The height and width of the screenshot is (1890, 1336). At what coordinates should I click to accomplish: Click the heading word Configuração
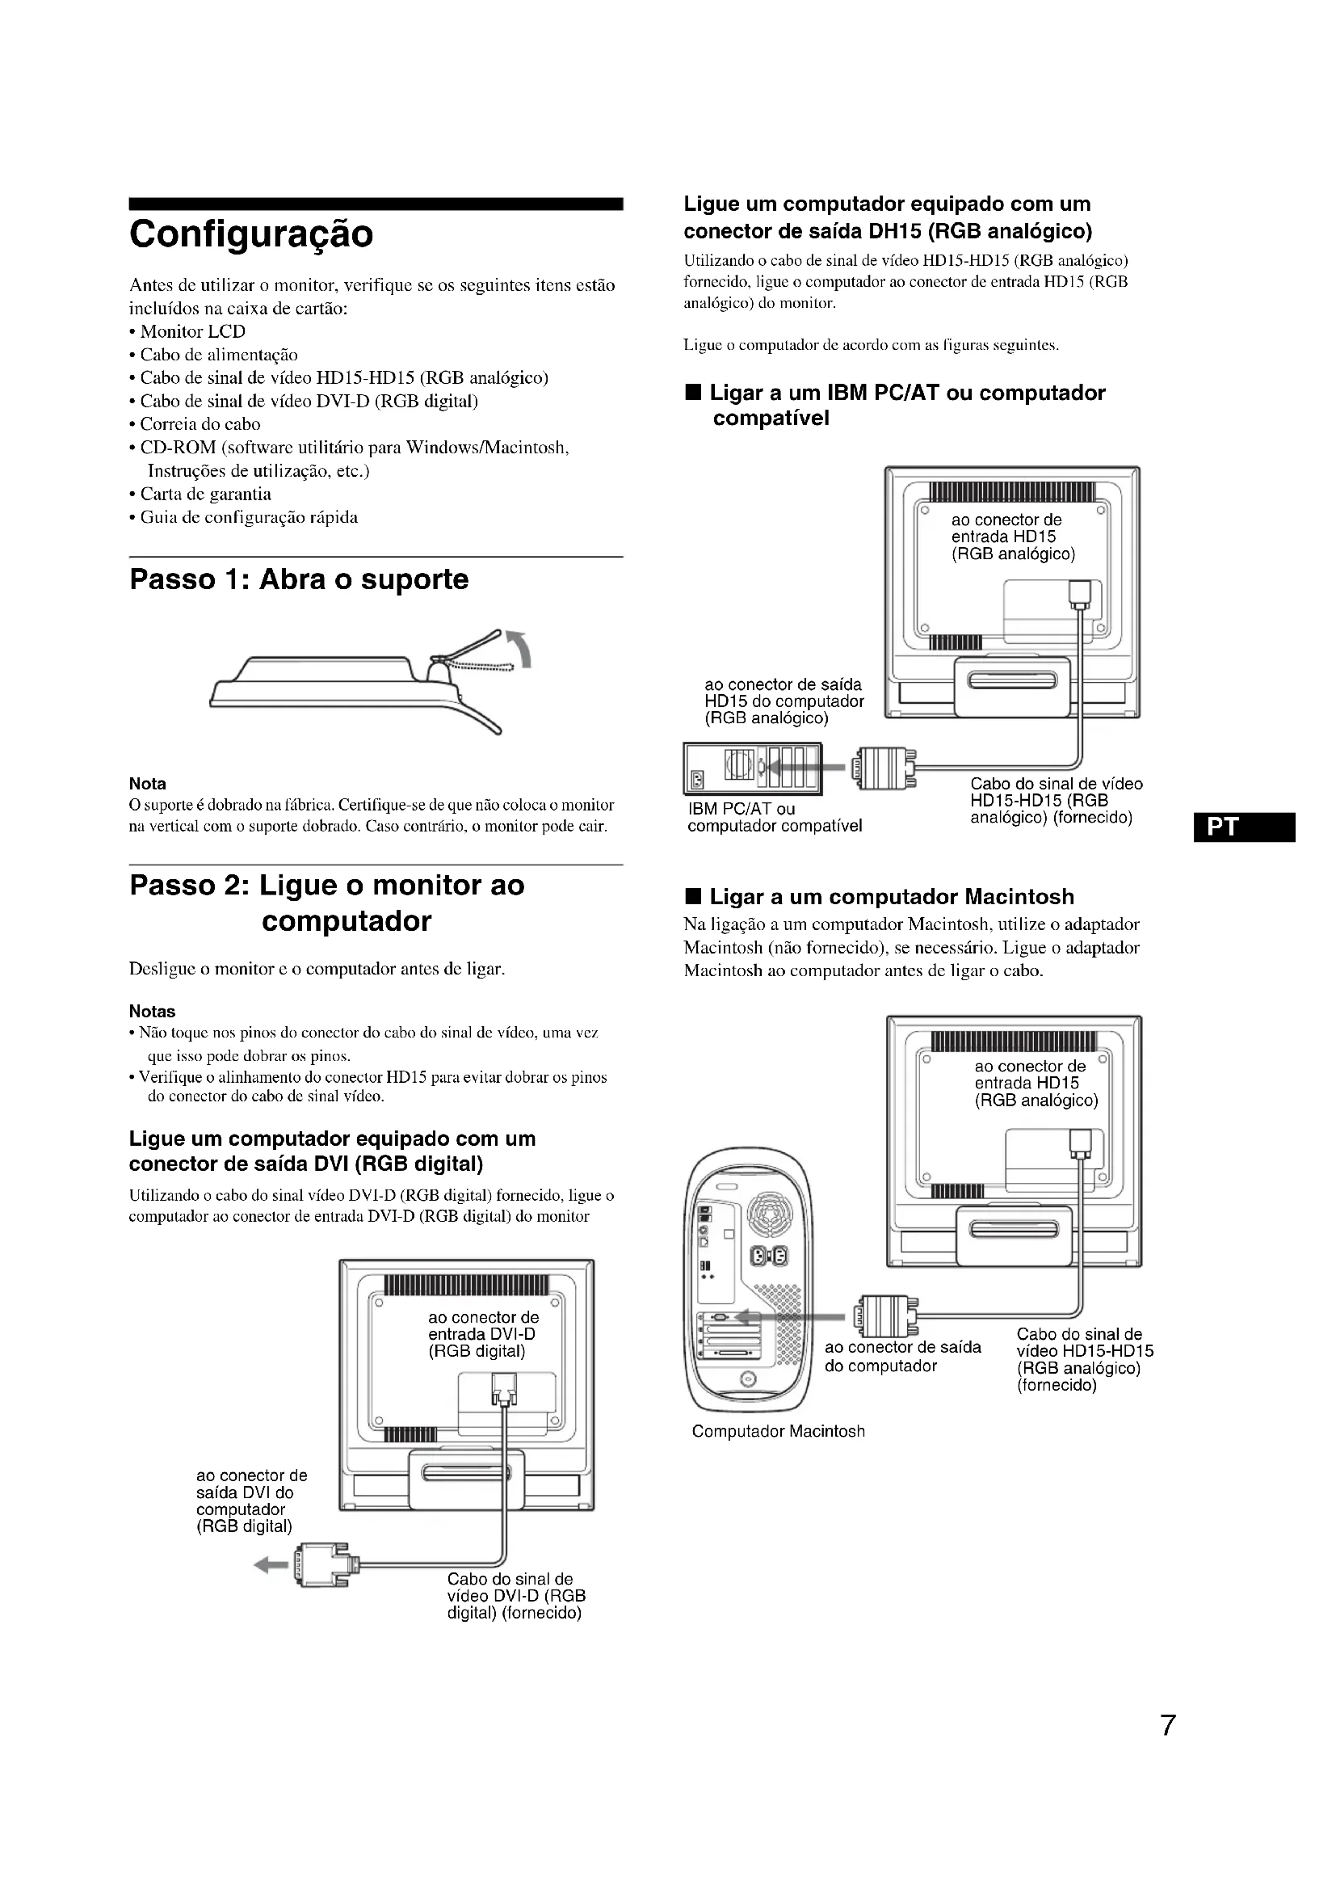[251, 234]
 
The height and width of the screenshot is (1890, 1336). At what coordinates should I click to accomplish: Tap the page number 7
[1167, 1724]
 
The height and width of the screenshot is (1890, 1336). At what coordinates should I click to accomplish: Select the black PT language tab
[1244, 827]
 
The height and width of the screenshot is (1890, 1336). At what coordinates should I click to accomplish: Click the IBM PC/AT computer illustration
[752, 768]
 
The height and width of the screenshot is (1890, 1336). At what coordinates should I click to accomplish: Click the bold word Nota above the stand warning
[147, 784]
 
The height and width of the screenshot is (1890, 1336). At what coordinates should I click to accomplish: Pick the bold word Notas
[152, 1012]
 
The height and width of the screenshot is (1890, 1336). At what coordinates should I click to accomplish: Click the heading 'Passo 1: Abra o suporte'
[299, 579]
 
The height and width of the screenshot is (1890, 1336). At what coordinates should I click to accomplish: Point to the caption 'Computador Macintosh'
[778, 1432]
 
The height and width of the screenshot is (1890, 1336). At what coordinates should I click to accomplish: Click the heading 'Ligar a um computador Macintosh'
[892, 896]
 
